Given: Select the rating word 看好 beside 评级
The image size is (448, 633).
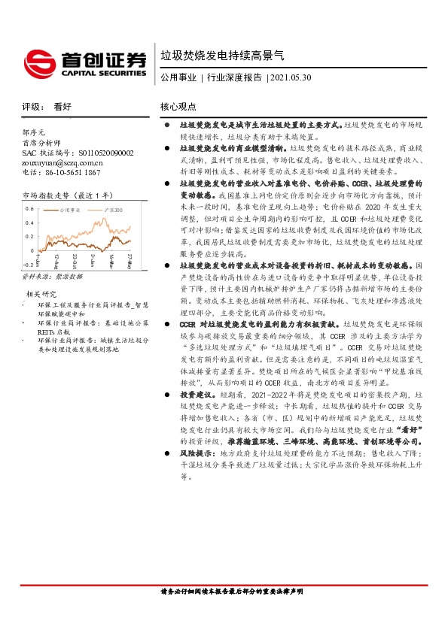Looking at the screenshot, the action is tap(62, 107).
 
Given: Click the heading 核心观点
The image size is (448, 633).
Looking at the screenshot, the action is tap(178, 107).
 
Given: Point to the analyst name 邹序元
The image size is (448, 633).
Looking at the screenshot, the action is tap(35, 131).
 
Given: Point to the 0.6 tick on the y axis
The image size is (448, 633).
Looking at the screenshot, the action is tap(30, 207).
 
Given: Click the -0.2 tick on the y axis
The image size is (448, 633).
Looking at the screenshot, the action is tap(29, 265).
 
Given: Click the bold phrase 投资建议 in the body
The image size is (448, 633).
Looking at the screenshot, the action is tap(194, 415).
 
